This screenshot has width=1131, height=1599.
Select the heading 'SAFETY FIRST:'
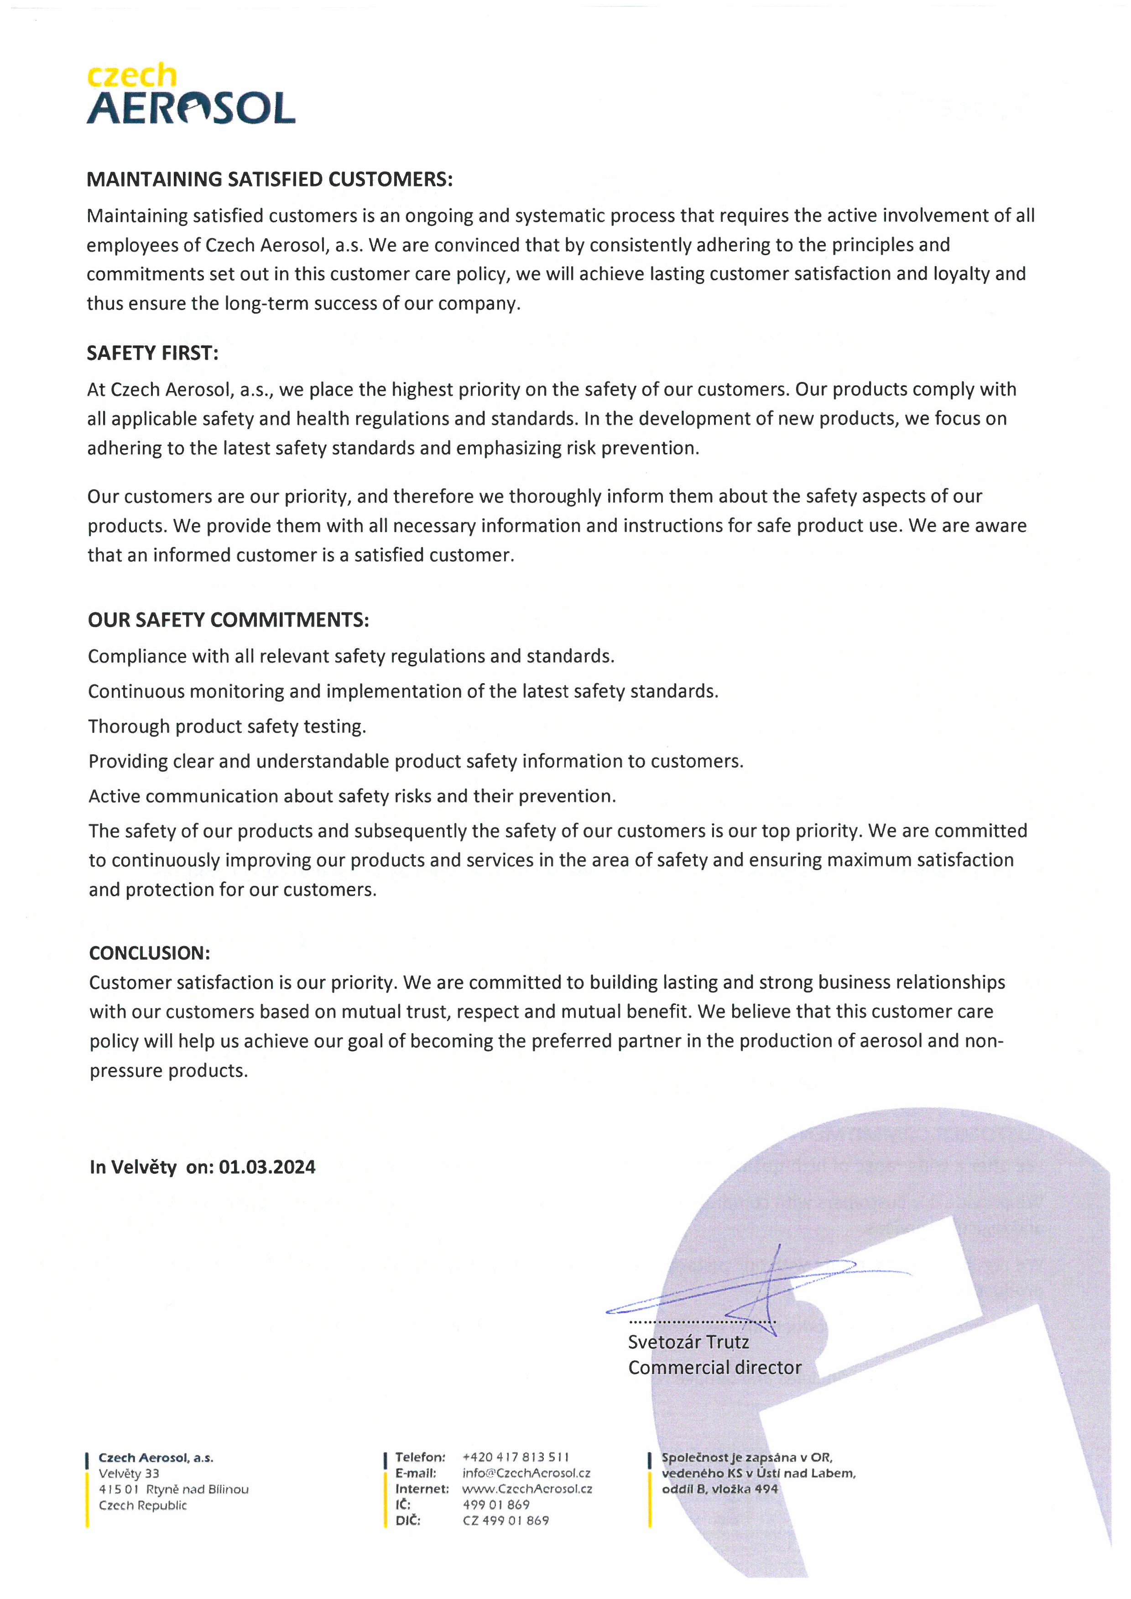pyautogui.click(x=152, y=353)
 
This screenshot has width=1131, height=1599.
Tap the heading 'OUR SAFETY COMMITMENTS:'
pyautogui.click(x=229, y=620)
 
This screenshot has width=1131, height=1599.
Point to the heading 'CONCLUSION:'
pyautogui.click(x=150, y=953)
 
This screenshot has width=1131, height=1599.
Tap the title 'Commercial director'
pyautogui.click(x=714, y=1368)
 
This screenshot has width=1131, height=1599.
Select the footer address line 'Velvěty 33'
pyautogui.click(x=129, y=1474)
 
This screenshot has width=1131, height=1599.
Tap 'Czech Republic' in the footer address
pyautogui.click(x=143, y=1505)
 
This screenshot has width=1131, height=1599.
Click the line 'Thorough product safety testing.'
pyautogui.click(x=227, y=726)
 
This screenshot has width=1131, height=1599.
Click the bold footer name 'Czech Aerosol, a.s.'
pyautogui.click(x=156, y=1458)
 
